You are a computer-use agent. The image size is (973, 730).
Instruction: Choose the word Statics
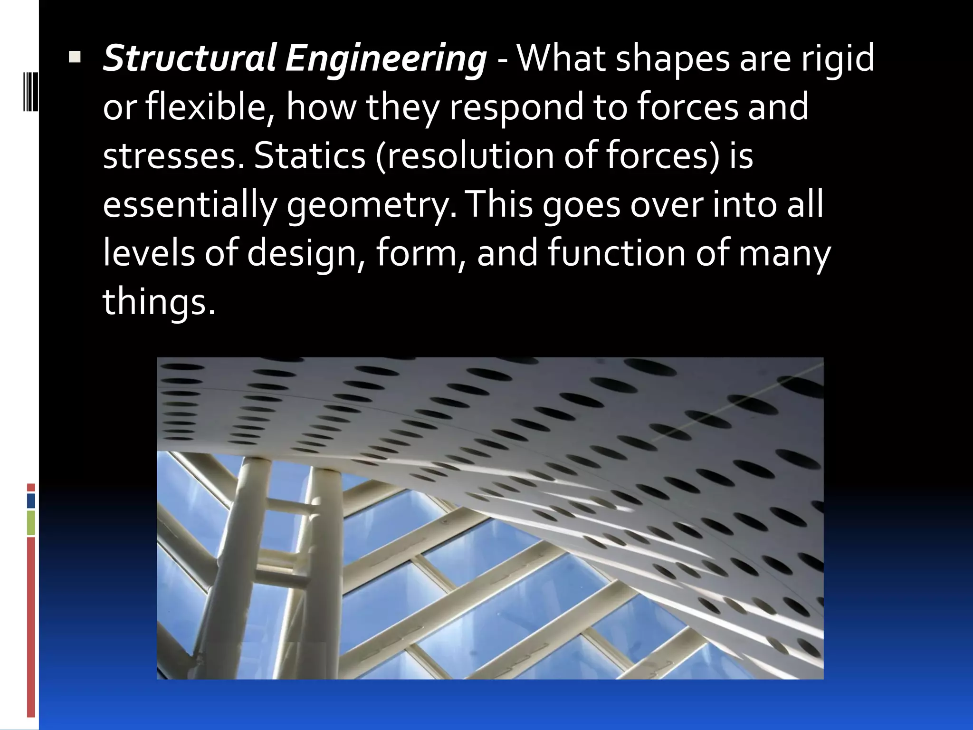309,157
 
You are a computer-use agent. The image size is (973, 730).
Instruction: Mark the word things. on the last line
159,302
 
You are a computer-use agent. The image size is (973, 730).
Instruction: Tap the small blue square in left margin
31,501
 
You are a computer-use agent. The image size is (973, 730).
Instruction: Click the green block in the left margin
31,523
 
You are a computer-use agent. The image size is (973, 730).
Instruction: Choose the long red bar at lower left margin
31,627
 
